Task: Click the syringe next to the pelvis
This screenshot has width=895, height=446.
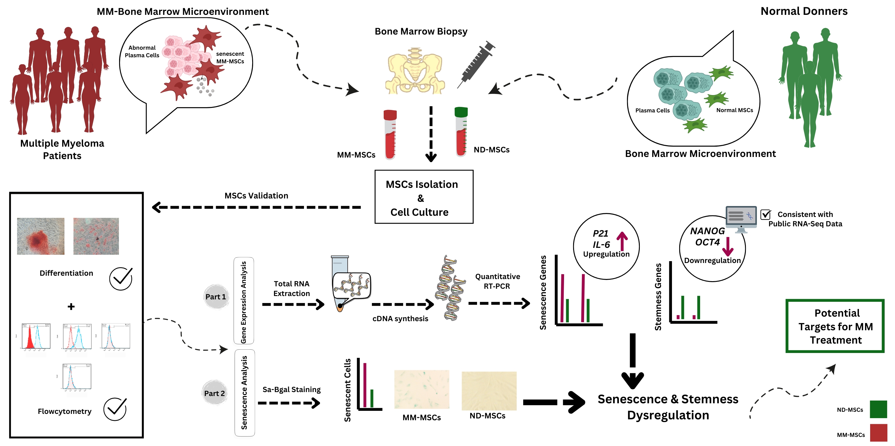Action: (476, 64)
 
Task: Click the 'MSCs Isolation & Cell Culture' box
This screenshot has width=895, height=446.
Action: (423, 197)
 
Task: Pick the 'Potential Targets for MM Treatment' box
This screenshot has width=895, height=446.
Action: (835, 326)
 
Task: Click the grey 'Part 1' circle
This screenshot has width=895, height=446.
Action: (216, 297)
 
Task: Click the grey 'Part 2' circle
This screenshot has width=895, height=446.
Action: (215, 393)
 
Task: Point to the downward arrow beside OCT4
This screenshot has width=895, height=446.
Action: (727, 247)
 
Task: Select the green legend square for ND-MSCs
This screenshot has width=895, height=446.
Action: (878, 409)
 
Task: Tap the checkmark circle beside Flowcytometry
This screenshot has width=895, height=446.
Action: (115, 409)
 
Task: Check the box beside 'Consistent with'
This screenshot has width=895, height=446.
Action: (765, 215)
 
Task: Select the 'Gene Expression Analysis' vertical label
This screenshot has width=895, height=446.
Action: (244, 301)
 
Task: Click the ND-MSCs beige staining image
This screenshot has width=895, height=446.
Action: (489, 391)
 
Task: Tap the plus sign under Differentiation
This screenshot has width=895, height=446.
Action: (71, 306)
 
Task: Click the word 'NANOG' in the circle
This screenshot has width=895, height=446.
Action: (707, 231)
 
